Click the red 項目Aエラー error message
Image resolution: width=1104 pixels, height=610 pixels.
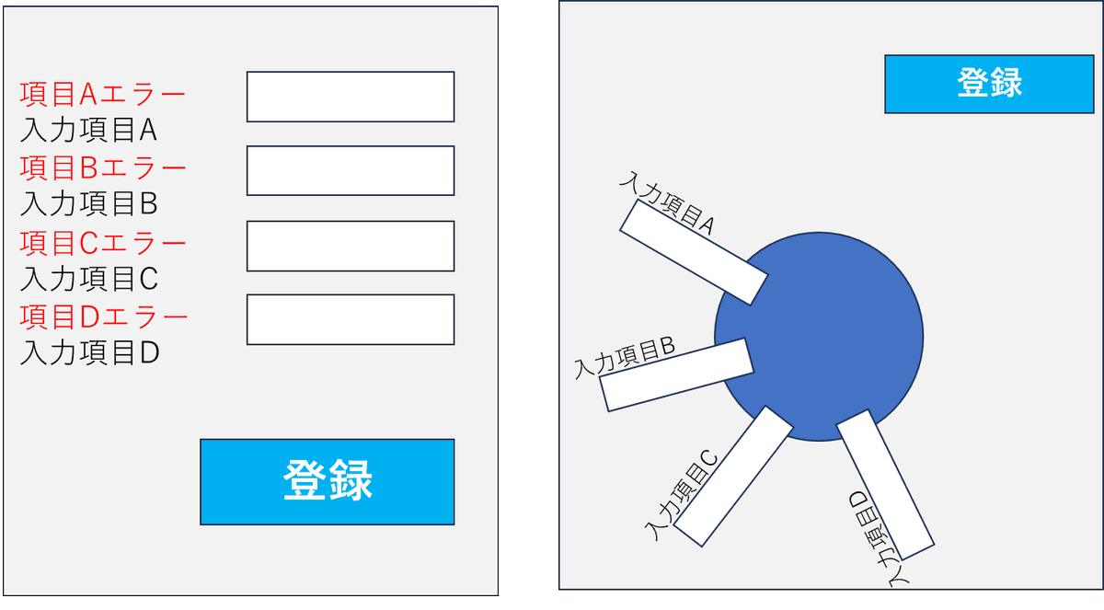(102, 94)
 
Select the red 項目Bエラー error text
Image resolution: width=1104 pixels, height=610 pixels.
(103, 168)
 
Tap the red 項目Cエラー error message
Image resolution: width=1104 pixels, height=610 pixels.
(103, 243)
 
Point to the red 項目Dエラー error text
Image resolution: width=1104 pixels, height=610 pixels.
(104, 317)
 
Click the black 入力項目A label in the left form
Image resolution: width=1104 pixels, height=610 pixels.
(88, 131)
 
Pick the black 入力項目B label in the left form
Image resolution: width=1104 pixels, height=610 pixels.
(89, 203)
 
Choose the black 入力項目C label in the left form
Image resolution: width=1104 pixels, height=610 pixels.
(89, 278)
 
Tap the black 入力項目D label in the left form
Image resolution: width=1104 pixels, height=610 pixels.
(90, 352)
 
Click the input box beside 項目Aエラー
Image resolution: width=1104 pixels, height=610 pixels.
(351, 97)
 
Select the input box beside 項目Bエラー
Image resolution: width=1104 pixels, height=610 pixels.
(351, 170)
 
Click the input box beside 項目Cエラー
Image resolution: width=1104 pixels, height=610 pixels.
(351, 246)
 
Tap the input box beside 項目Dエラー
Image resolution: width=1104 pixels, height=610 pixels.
(351, 319)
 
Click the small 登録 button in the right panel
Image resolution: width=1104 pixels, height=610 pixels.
(990, 84)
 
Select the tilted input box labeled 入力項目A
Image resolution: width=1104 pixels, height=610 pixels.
(693, 252)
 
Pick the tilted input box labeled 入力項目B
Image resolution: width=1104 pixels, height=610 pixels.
(677, 375)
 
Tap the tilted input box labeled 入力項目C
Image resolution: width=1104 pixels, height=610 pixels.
(733, 475)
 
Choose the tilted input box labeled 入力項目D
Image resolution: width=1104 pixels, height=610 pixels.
(886, 485)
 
